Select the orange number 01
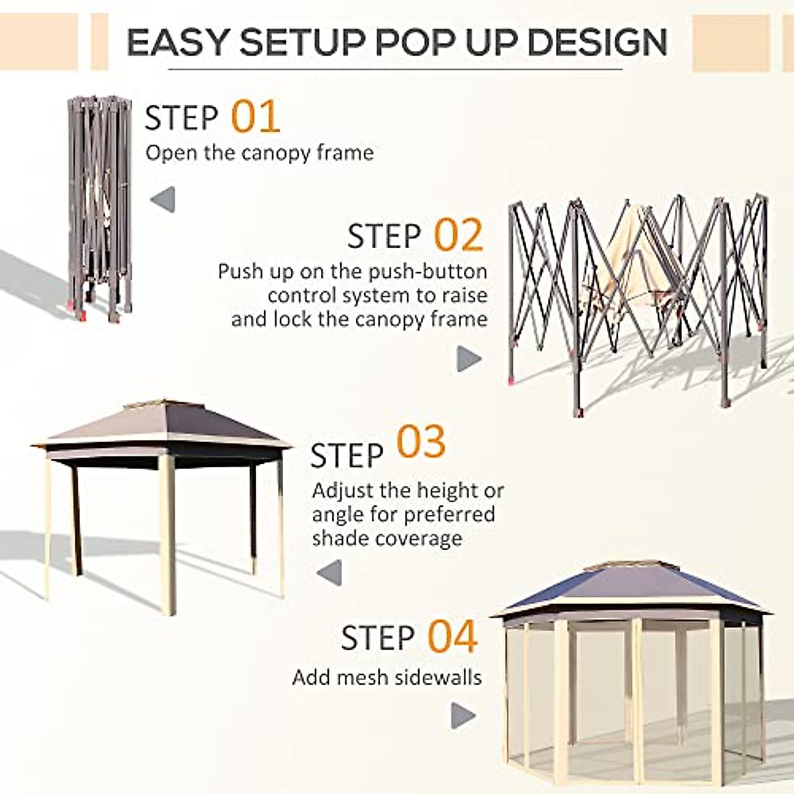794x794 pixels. [255, 117]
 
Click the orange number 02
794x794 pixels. [459, 235]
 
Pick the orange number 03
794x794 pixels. [421, 443]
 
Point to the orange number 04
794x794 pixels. [452, 637]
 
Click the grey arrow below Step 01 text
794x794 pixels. [163, 199]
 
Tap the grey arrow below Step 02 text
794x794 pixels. [469, 359]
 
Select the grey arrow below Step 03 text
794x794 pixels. [330, 572]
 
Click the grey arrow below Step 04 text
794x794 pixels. [463, 715]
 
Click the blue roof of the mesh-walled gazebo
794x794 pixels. [629, 589]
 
